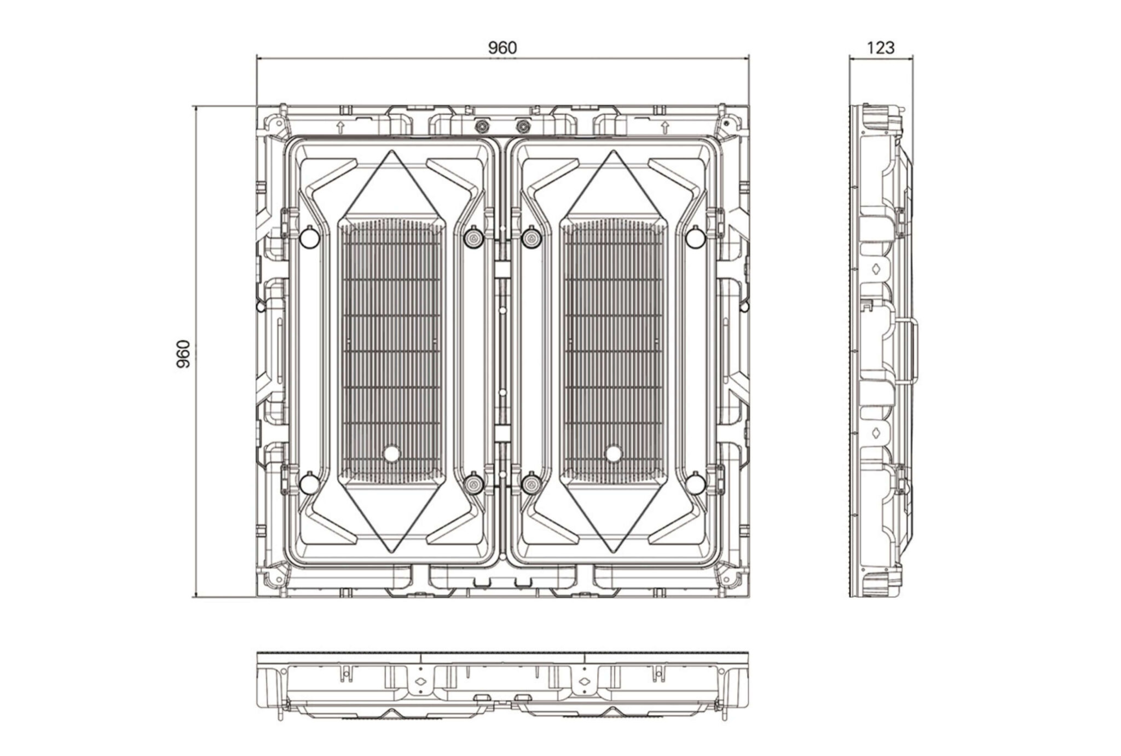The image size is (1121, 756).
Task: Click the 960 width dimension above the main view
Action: [502, 48]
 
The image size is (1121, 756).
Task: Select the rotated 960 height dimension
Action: [184, 354]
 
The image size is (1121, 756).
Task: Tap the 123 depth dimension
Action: [881, 48]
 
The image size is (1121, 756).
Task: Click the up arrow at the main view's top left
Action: [340, 128]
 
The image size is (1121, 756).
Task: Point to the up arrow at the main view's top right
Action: [664, 128]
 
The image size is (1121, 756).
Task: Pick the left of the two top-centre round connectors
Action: [482, 126]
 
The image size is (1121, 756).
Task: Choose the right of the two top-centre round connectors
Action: [523, 126]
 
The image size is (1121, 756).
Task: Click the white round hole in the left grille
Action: [392, 453]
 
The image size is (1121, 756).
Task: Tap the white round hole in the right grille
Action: [614, 453]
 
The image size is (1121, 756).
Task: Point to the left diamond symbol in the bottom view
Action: [421, 682]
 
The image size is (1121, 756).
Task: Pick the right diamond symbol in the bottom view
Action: [584, 682]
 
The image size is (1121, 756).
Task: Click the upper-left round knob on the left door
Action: [309, 237]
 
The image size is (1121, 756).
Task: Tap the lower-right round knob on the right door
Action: [695, 483]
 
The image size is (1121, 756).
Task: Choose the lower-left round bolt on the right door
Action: [530, 483]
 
